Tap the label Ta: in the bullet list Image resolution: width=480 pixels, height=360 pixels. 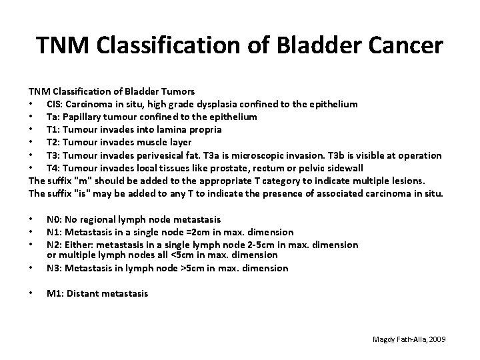pos(53,117)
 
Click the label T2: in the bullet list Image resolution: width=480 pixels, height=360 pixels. pos(54,142)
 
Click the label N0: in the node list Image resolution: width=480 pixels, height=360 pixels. pos(55,219)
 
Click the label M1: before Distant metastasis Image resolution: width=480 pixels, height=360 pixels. pos(55,293)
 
